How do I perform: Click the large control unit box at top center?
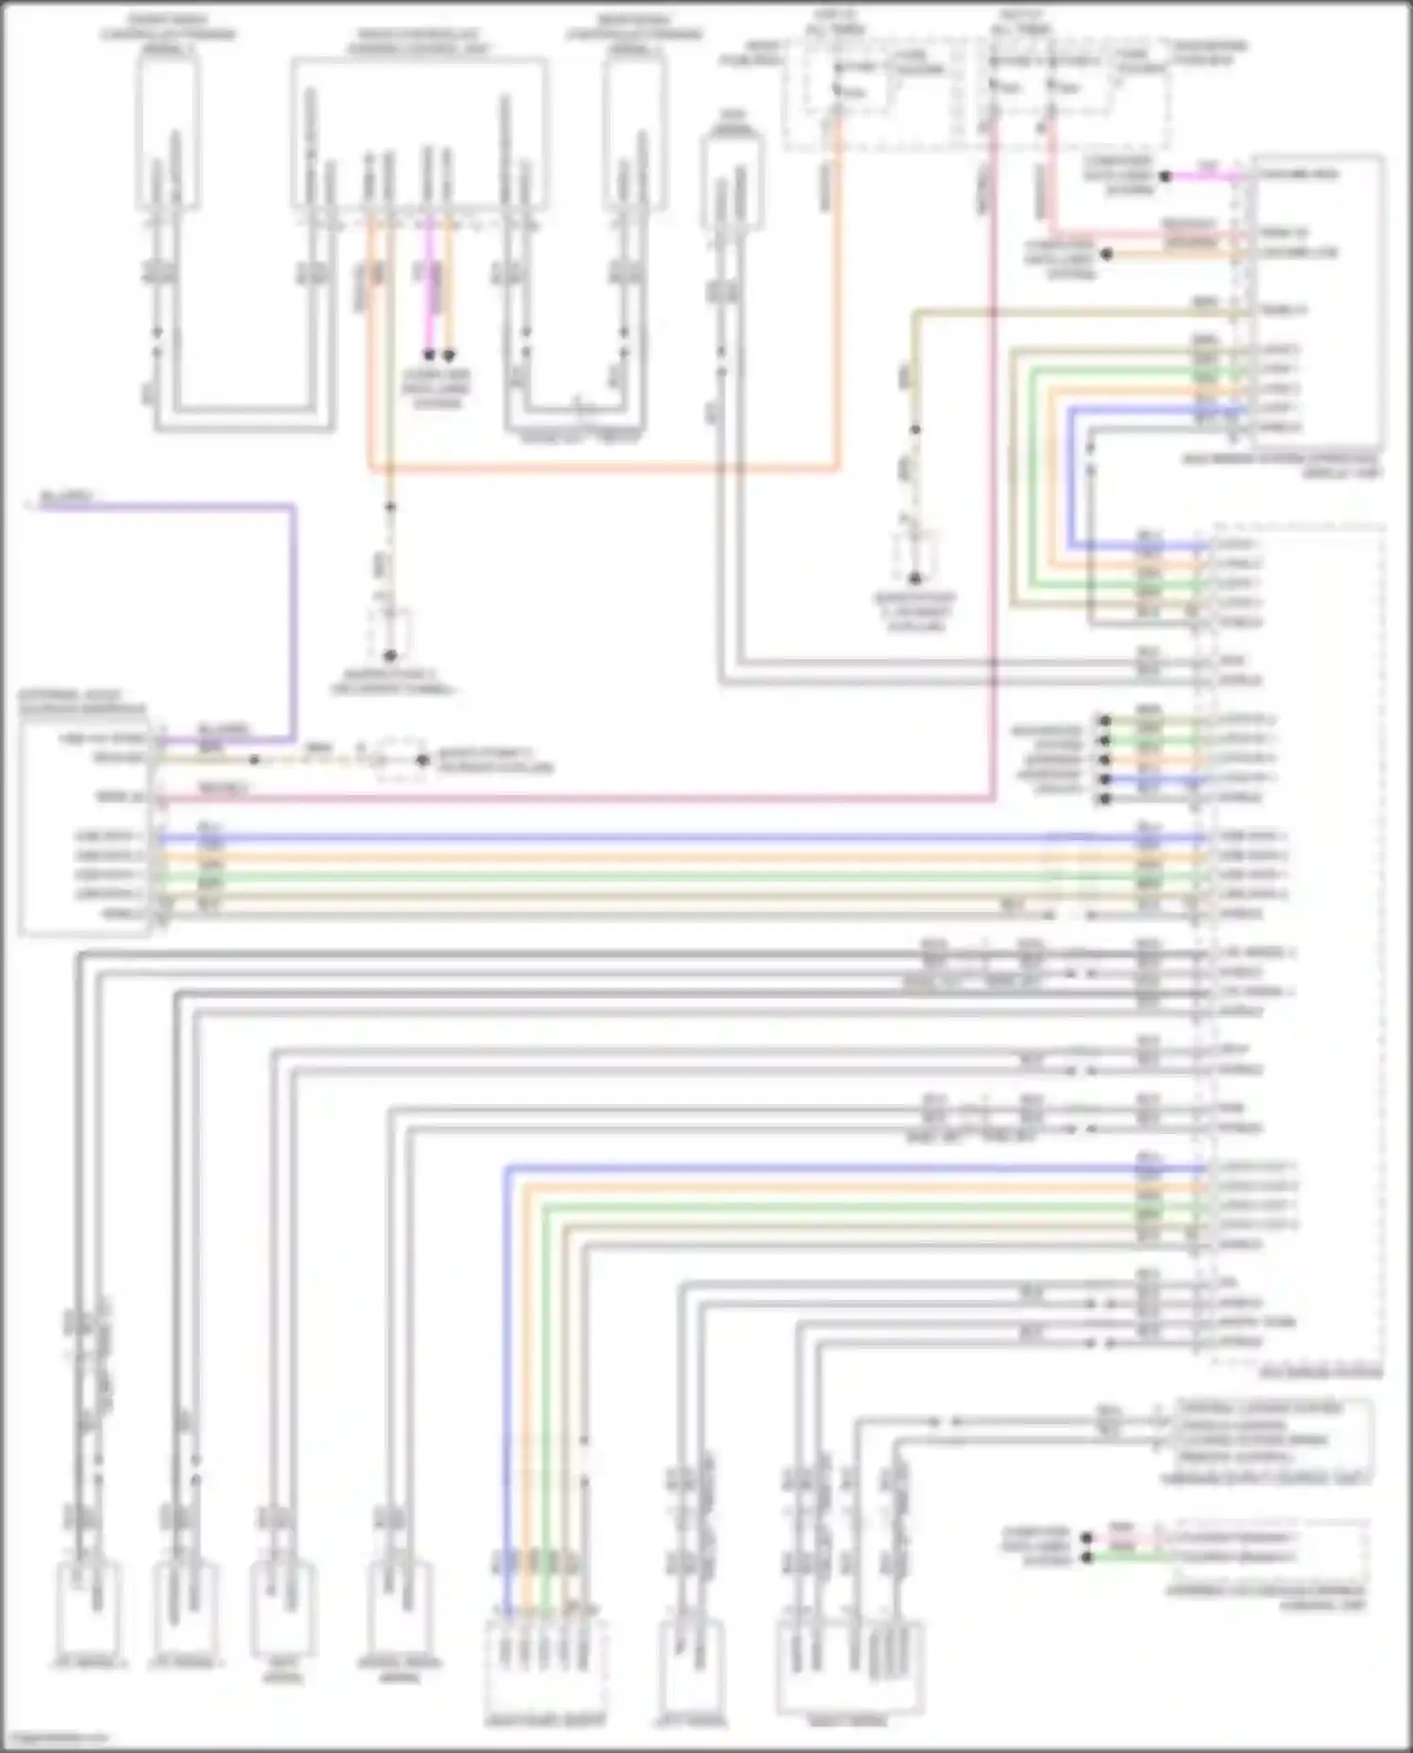point(419,132)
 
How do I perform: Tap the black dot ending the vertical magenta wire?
point(429,355)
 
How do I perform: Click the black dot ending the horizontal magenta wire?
point(1165,176)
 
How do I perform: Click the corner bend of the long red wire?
point(994,800)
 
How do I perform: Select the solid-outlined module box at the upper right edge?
point(1317,301)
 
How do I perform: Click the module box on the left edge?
point(85,829)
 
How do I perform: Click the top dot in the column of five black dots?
point(1105,721)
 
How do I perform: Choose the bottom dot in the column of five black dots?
point(1105,800)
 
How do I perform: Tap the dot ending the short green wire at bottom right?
point(1086,1558)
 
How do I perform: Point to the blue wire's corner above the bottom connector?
point(506,1170)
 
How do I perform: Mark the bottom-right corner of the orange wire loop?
point(836,467)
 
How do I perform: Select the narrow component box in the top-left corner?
point(168,132)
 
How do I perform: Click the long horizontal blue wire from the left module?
point(659,837)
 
